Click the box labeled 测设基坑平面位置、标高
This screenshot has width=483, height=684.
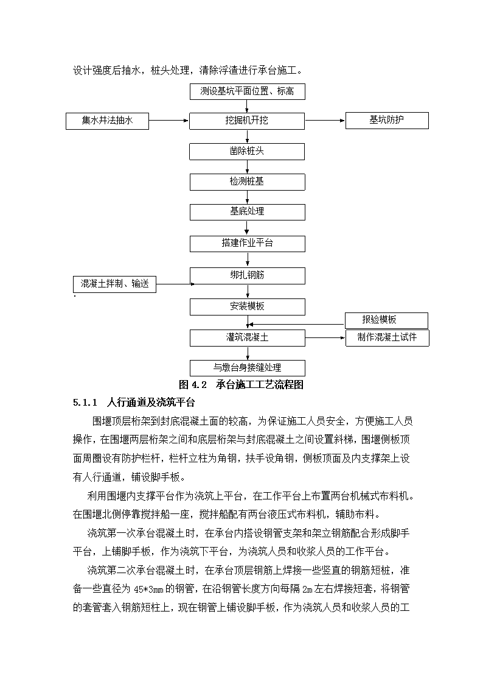click(248, 91)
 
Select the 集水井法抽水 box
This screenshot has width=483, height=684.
click(107, 121)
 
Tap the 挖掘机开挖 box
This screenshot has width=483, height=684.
click(247, 121)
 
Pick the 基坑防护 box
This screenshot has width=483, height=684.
click(387, 121)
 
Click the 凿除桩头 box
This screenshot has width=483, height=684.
click(247, 152)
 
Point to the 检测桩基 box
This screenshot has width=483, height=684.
click(248, 182)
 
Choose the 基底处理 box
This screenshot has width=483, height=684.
click(248, 212)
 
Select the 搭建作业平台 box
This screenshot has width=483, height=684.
click(248, 244)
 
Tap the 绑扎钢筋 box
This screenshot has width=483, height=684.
click(248, 276)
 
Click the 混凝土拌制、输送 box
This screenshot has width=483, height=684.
click(114, 284)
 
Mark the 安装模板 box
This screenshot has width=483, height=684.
click(248, 306)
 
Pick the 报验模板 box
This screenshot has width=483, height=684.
click(386, 320)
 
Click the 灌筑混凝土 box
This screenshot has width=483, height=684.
click(248, 337)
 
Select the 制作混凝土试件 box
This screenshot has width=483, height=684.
click(387, 338)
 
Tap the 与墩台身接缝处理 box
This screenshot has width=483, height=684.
click(248, 368)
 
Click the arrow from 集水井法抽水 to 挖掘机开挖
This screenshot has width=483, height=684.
click(169, 121)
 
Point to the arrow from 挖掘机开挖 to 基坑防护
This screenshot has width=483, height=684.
click(325, 121)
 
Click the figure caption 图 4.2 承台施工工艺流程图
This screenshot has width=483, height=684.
click(241, 385)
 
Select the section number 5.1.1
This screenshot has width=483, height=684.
click(85, 403)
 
